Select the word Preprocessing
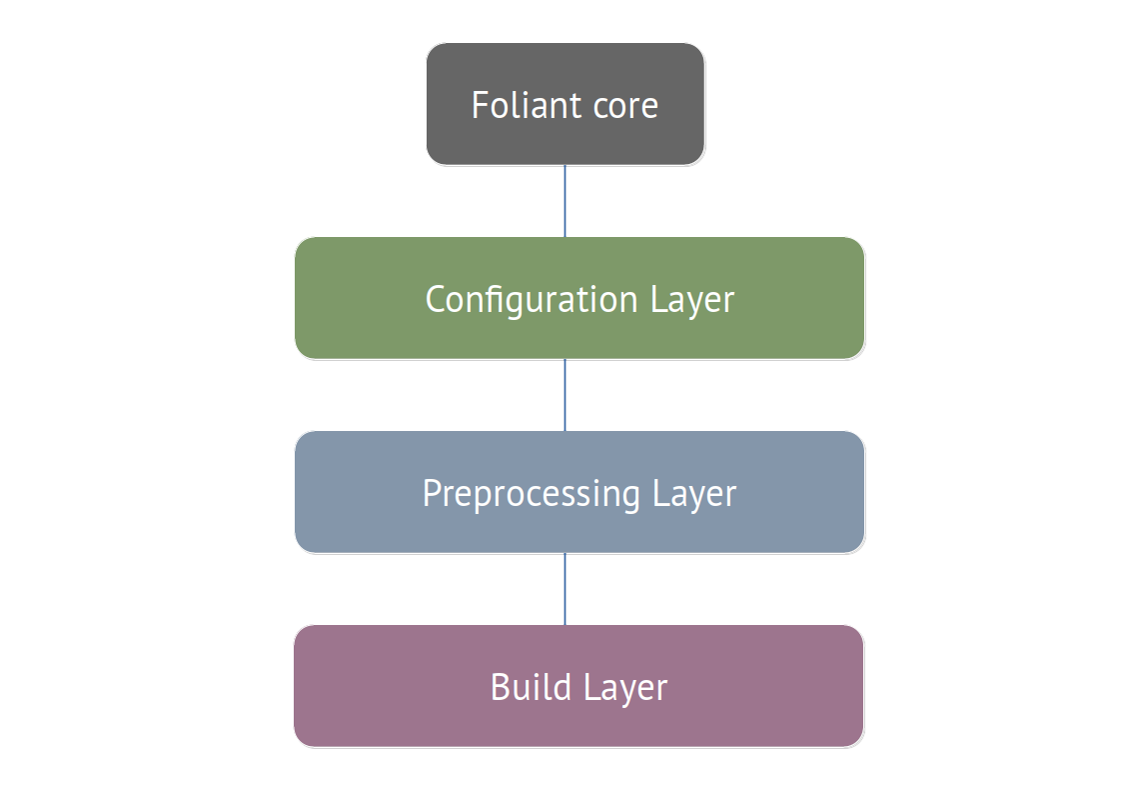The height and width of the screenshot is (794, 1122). click(x=531, y=494)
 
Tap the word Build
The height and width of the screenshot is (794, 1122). click(x=531, y=687)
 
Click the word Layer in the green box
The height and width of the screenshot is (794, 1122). click(x=692, y=300)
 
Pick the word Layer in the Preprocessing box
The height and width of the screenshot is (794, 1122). click(x=694, y=494)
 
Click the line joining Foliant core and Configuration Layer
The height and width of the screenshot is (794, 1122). click(x=564, y=201)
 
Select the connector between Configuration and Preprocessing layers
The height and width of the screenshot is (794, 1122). click(x=564, y=395)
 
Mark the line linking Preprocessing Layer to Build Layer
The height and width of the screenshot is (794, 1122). click(x=564, y=589)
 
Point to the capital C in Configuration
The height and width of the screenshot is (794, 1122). click(x=435, y=300)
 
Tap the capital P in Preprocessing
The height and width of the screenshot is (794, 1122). click(x=431, y=493)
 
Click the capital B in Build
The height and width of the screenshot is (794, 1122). click(x=500, y=687)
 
